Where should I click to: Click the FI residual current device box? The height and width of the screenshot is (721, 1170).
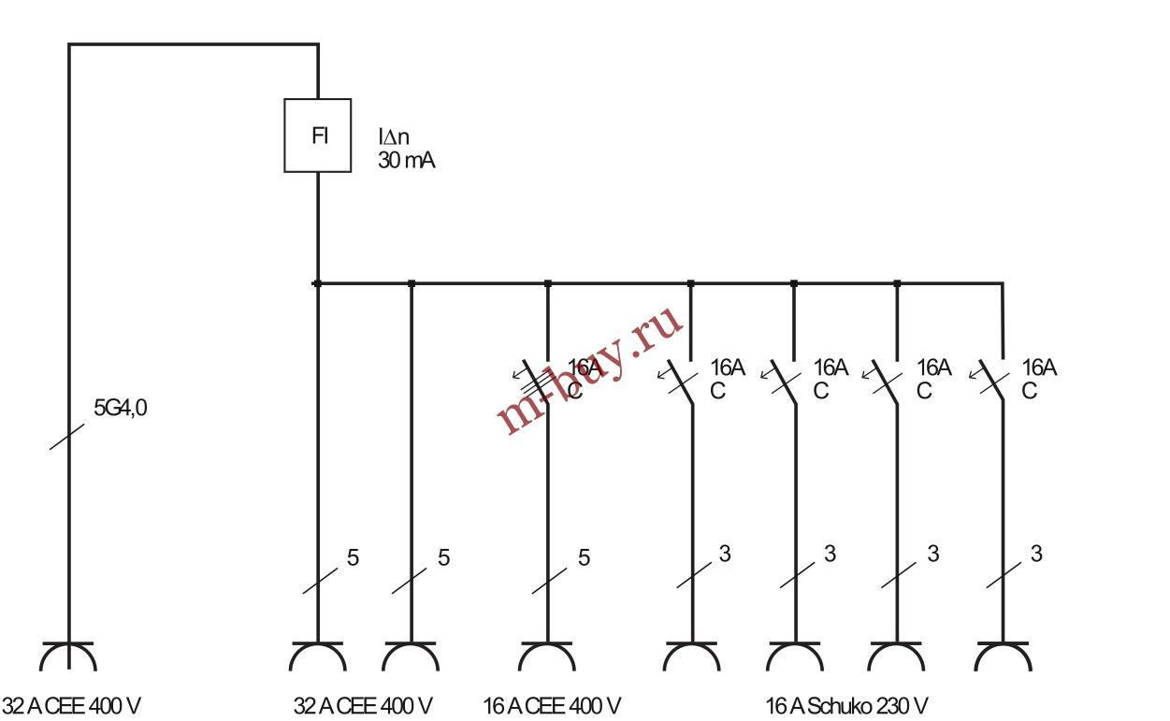(318, 136)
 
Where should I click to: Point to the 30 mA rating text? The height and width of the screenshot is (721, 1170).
(406, 161)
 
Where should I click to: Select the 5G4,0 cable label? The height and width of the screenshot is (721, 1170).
(120, 409)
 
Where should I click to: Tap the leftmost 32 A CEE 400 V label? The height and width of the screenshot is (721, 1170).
(71, 706)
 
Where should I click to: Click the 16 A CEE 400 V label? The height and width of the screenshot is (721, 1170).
(552, 706)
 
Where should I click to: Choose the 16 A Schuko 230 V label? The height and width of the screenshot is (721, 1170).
(846, 706)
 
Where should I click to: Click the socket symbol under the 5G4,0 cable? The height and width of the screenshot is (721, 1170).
(68, 657)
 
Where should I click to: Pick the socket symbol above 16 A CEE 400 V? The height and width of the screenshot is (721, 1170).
(547, 657)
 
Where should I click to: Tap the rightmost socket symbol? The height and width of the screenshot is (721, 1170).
(1003, 657)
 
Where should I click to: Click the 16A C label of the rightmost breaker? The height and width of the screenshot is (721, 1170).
(1038, 379)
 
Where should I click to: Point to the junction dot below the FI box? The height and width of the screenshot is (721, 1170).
(318, 282)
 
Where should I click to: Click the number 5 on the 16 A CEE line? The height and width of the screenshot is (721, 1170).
(584, 558)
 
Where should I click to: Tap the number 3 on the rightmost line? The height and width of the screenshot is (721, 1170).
(1036, 554)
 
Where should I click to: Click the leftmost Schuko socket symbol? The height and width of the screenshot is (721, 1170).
(691, 657)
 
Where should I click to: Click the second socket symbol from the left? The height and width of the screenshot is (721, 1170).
(318, 657)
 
